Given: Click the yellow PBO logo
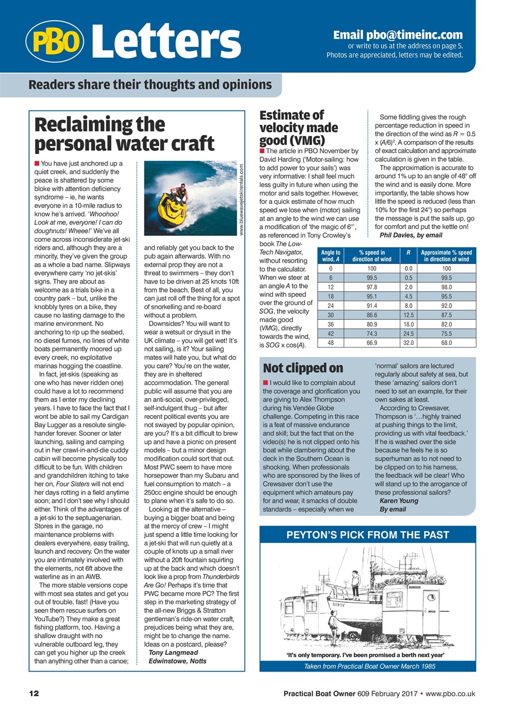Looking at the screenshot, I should coord(54,40).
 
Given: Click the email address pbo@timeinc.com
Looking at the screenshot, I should coord(398,34).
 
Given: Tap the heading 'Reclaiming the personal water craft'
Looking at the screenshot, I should coord(124,133).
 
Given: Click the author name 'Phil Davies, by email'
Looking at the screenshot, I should coord(411,235).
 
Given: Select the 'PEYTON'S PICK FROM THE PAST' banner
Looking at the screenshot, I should coord(367,535).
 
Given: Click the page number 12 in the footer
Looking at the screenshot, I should coord(34,693).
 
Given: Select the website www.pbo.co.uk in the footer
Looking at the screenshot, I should coord(450,693).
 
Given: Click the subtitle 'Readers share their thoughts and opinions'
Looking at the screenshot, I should coord(150,85).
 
